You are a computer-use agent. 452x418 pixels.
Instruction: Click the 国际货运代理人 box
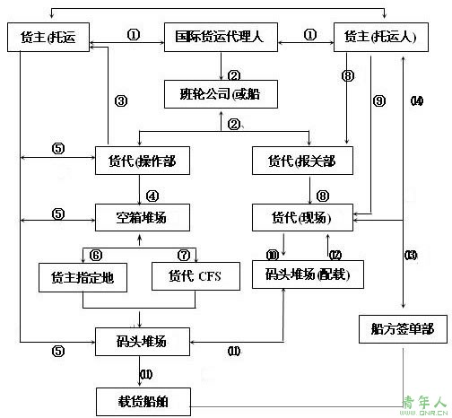coord(220,38)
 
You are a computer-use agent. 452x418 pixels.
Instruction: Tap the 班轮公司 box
coord(221,93)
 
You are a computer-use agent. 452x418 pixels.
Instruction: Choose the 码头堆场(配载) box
coord(309,273)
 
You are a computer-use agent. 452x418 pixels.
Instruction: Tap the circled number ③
coord(121,100)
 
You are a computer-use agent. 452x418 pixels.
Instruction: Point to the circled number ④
coord(153,192)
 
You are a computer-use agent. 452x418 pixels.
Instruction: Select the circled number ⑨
coord(378,100)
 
